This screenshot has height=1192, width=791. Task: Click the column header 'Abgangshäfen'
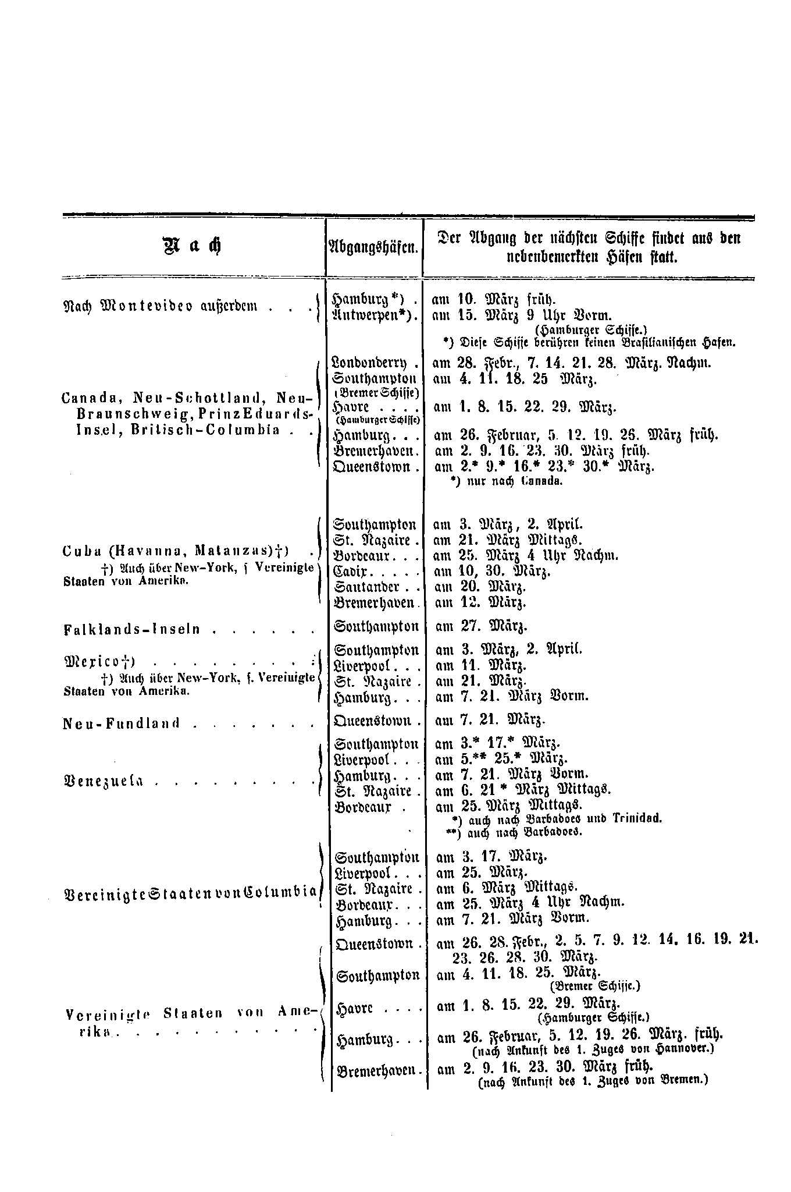(374, 247)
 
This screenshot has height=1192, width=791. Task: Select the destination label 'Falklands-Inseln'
(131, 629)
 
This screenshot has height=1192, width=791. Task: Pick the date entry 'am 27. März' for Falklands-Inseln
(481, 627)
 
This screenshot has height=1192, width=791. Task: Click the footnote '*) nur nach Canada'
(506, 482)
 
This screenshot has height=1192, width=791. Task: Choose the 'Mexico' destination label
(99, 661)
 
